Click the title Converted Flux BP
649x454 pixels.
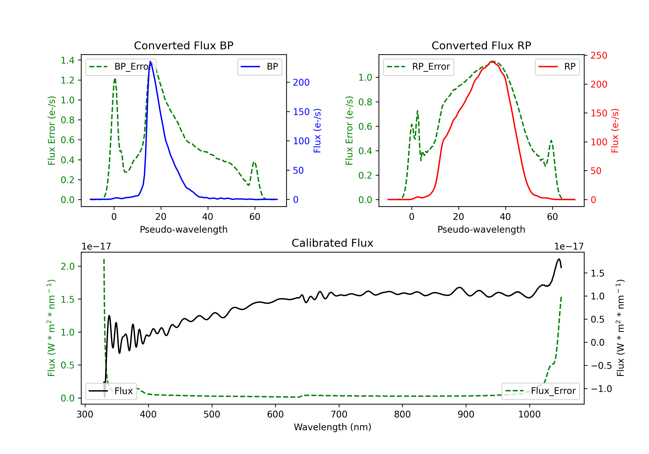(183, 45)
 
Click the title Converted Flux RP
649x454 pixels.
(481, 45)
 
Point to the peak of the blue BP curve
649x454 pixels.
(150, 61)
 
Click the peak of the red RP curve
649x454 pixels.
(492, 61)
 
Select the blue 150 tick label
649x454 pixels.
(301, 112)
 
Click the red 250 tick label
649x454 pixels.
(599, 55)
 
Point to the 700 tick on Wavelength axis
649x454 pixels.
(339, 414)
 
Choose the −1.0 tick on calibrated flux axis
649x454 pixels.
(601, 389)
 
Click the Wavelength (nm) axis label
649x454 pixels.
(333, 427)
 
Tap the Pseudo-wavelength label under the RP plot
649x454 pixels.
(481, 229)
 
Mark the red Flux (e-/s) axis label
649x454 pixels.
(615, 131)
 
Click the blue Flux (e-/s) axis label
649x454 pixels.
(317, 131)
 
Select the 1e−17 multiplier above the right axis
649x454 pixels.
(569, 246)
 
